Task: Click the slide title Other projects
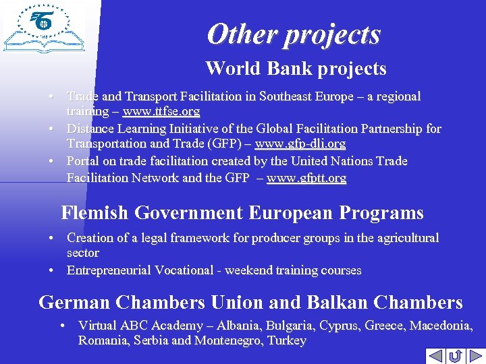tap(294, 34)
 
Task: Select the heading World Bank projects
tap(296, 68)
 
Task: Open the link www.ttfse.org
tap(161, 111)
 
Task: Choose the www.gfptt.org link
tap(306, 178)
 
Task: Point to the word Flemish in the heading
tap(95, 213)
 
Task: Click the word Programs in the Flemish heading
tap(381, 213)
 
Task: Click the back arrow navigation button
tap(437, 355)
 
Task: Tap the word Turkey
tap(288, 340)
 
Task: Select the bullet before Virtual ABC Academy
tap(62, 326)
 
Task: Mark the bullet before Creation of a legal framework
tap(51, 239)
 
